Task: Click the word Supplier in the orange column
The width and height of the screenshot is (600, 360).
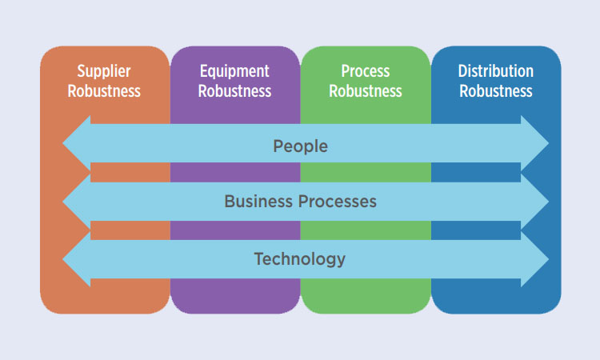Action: pyautogui.click(x=104, y=71)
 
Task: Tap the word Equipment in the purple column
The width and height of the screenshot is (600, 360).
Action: pyautogui.click(x=234, y=71)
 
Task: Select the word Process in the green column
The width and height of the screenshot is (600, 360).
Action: pyautogui.click(x=366, y=71)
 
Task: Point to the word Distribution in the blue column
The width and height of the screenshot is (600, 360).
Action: pyautogui.click(x=495, y=71)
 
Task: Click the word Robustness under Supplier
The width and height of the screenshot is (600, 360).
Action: pyautogui.click(x=104, y=91)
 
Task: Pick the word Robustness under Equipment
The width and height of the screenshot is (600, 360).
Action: pyautogui.click(x=234, y=91)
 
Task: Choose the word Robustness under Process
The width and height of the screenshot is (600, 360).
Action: pyautogui.click(x=366, y=91)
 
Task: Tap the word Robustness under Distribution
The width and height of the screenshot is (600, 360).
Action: pyautogui.click(x=496, y=91)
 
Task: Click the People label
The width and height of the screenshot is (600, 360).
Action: pyautogui.click(x=300, y=146)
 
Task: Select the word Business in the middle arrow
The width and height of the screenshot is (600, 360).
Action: pyautogui.click(x=258, y=202)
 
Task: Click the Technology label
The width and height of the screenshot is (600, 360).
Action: pyautogui.click(x=300, y=259)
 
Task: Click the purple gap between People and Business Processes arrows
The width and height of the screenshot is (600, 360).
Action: pyautogui.click(x=235, y=173)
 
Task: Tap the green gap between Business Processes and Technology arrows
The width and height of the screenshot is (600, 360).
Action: pyautogui.click(x=366, y=230)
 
